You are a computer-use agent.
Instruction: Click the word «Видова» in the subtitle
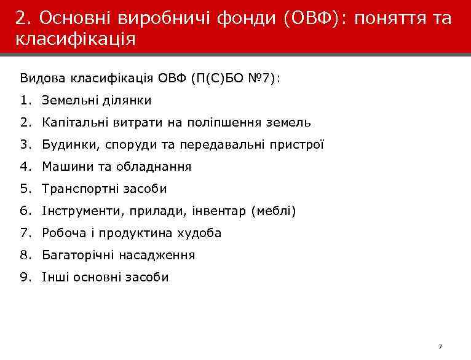[43, 78]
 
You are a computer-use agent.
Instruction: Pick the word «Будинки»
[66, 144]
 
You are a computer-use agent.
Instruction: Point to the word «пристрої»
[301, 144]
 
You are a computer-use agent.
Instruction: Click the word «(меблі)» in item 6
[273, 211]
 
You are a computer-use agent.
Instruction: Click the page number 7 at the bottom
[440, 347]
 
